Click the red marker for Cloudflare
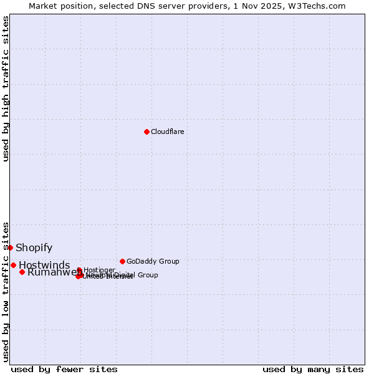tap(146, 132)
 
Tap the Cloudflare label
tap(167, 132)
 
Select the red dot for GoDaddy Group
tap(122, 261)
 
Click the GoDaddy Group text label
tap(153, 261)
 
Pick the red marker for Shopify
tap(10, 247)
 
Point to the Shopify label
tap(34, 248)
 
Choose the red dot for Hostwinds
tap(13, 265)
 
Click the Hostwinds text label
tap(44, 266)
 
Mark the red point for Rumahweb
tap(22, 272)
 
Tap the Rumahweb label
tap(50, 272)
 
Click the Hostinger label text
tap(100, 269)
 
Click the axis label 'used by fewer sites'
tap(64, 369)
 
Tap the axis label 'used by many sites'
tap(313, 369)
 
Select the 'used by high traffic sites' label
tap(6, 89)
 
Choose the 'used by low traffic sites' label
tap(6, 292)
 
